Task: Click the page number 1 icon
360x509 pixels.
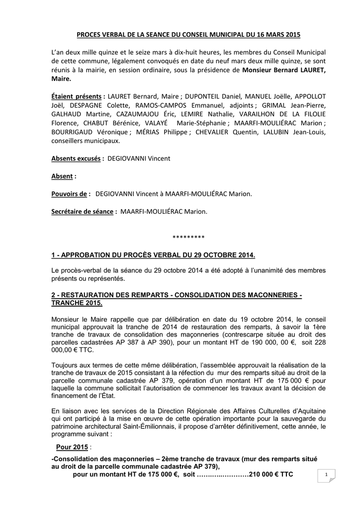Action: pyautogui.click(x=326, y=475)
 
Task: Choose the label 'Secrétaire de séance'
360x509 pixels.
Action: pyautogui.click(x=83, y=212)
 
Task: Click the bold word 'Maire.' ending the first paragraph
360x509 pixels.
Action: pyautogui.click(x=61, y=79)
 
